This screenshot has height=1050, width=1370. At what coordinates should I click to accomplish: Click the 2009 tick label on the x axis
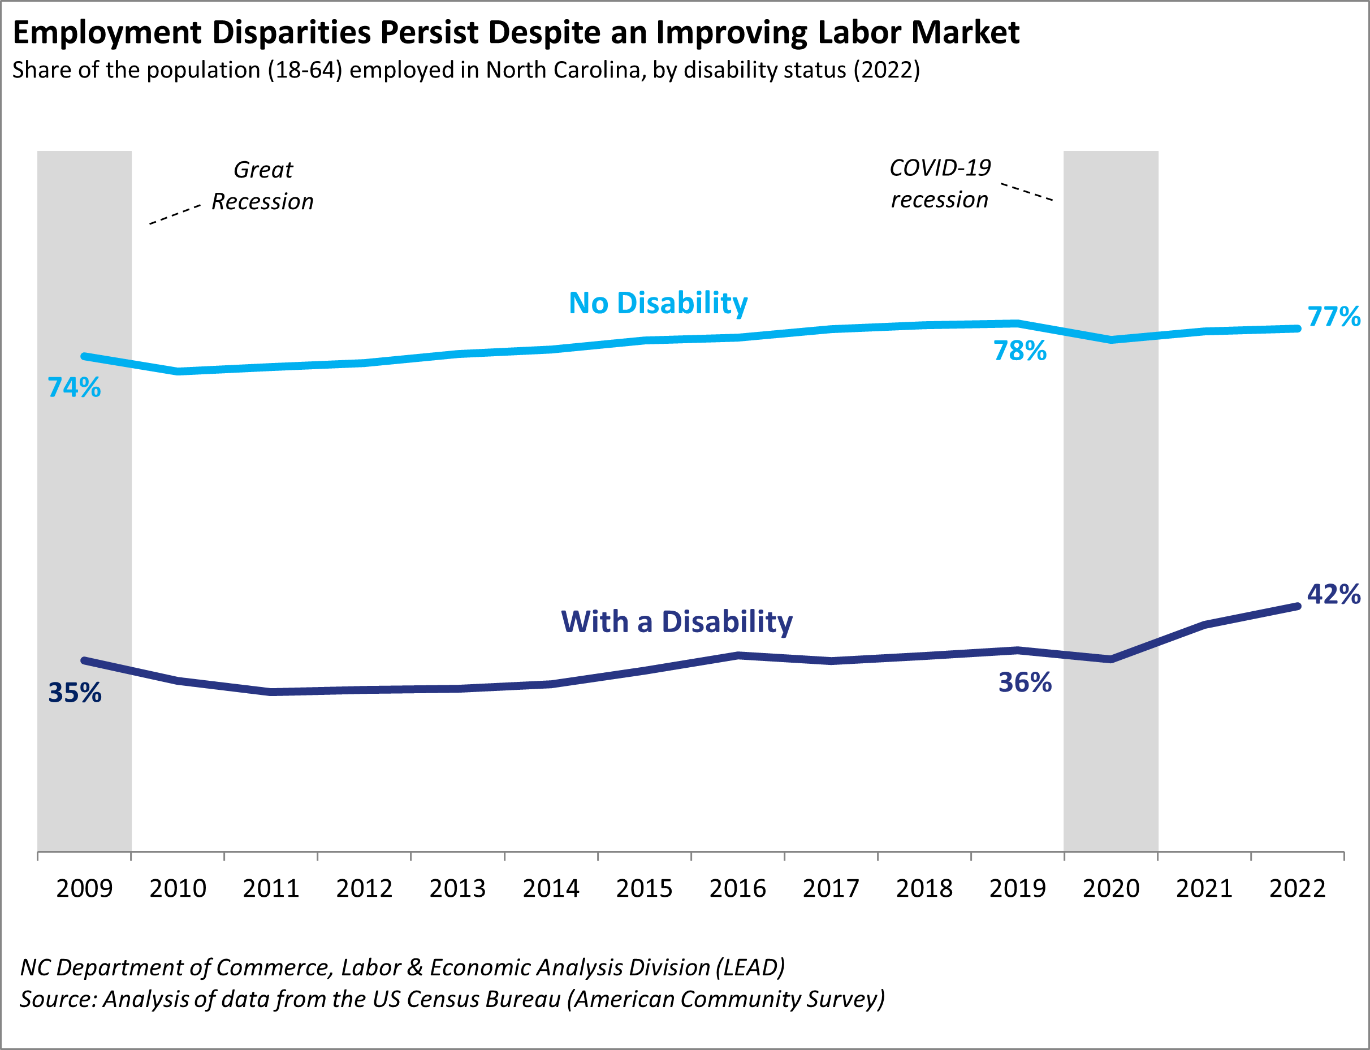pos(84,889)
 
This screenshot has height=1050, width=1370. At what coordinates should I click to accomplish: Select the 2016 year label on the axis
pos(737,889)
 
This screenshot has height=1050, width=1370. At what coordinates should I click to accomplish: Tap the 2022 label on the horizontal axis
pos(1298,889)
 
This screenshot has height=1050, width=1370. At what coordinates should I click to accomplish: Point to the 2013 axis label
pos(457,889)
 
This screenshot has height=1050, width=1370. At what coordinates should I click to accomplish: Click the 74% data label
pos(75,387)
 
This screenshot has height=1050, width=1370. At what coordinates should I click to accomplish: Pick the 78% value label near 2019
pos(1020,351)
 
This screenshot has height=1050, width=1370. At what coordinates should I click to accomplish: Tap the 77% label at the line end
pos(1334,317)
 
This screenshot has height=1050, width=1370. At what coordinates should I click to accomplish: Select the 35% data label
pos(75,693)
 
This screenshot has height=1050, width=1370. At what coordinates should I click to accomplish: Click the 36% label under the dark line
pos(1025,682)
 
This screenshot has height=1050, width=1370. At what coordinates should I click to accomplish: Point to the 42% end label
pos(1334,594)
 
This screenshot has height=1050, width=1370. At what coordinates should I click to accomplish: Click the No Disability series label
pos(658,303)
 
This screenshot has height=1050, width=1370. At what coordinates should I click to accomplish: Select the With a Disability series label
pos(677,622)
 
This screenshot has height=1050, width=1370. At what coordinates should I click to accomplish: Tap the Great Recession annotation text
pos(262,185)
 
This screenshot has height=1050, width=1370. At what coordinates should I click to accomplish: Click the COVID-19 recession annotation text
pos(940,184)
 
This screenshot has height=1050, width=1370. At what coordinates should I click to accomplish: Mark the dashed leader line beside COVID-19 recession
pos(1027,192)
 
